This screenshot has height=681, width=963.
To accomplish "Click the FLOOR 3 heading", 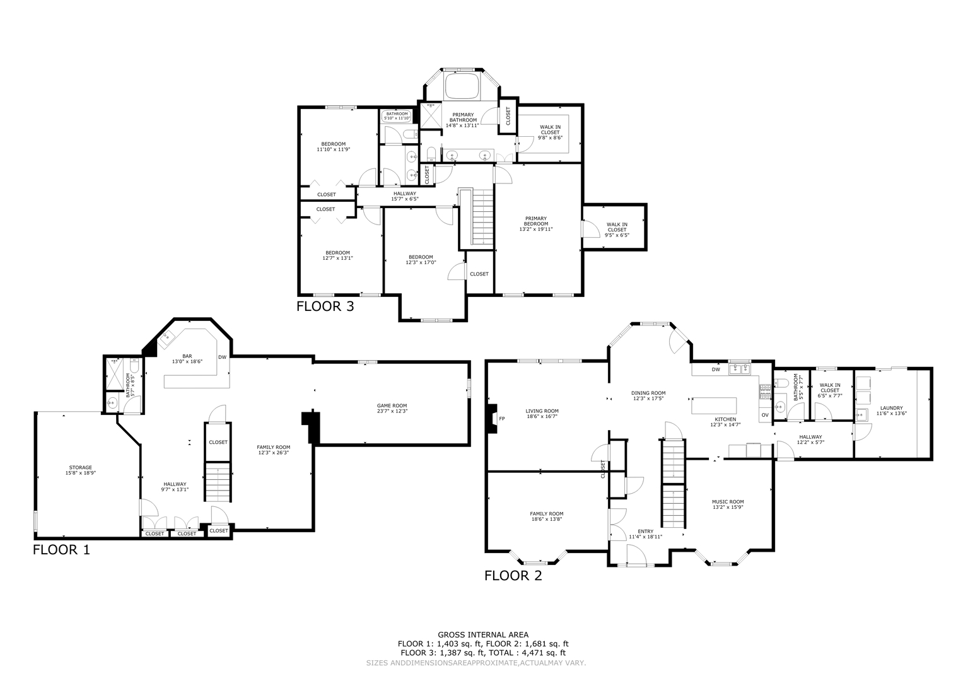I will point(325,307).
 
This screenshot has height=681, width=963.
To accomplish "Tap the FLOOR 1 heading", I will point(61,549).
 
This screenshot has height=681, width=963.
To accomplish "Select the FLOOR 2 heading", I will point(513,575).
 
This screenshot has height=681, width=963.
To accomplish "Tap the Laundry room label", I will point(891,408).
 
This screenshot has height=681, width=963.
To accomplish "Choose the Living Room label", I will point(542,410).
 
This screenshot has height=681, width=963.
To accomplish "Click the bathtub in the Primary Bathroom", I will point(462,86).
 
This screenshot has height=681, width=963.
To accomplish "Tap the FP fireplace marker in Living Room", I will point(502,419).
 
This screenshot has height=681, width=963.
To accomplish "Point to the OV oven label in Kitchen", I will point(764,415).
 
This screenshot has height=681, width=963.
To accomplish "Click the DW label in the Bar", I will point(222,357).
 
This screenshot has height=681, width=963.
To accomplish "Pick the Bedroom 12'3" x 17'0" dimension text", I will point(421,262).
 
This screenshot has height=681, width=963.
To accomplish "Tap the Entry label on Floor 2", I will point(645,532).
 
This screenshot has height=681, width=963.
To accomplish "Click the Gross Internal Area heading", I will point(483,634).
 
